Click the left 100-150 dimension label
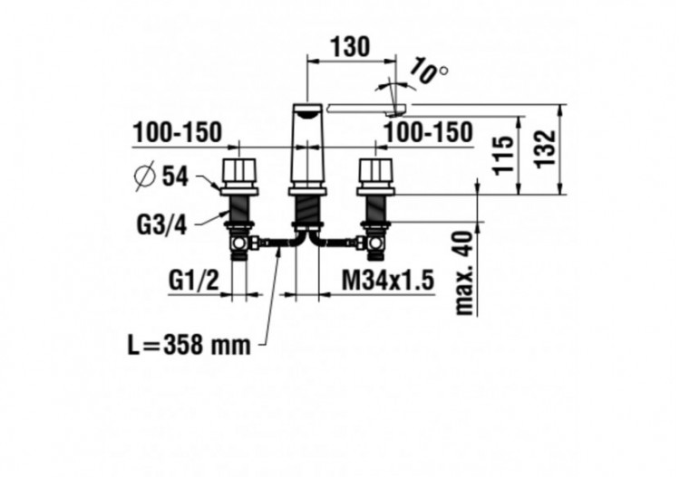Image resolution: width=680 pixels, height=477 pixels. click(177, 132)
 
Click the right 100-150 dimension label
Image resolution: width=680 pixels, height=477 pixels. click(427, 132)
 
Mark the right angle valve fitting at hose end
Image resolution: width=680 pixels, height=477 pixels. click(374, 243)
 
